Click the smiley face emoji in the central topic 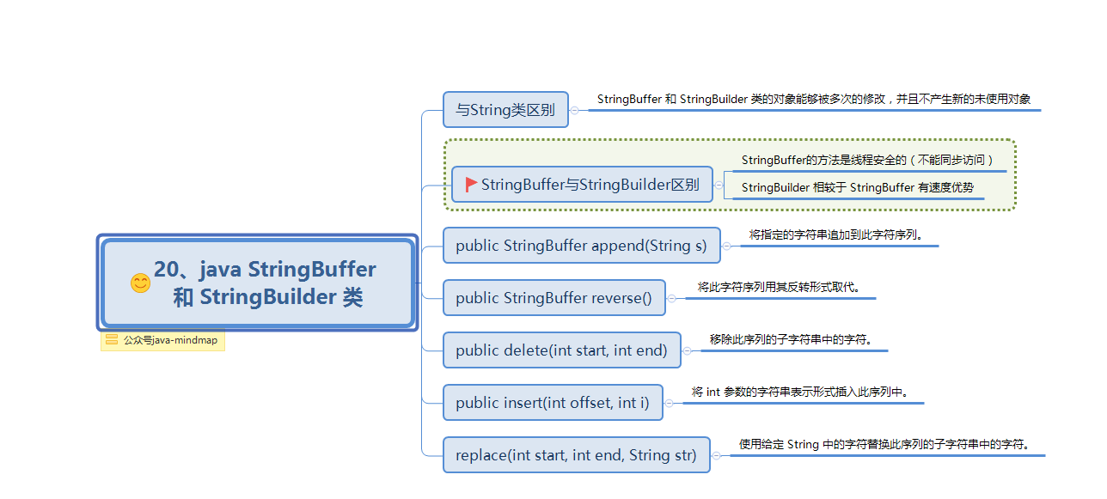tap(140, 283)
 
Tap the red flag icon tap(471, 185)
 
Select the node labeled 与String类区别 tap(505, 110)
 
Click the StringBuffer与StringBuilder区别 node tap(582, 185)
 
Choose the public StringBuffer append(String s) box tap(581, 246)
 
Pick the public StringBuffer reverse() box tap(553, 298)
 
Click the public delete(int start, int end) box tap(561, 350)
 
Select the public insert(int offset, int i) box tap(553, 403)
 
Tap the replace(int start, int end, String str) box tap(576, 455)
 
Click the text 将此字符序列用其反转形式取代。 tap(778, 287)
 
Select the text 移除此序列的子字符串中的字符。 tap(791, 339)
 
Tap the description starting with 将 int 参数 tap(800, 392)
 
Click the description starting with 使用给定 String tap(884, 444)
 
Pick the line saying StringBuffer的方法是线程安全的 tap(867, 160)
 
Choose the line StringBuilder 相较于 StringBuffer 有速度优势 tap(857, 187)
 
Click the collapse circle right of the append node tap(727, 246)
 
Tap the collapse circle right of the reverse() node tap(672, 298)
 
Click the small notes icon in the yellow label tap(112, 340)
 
